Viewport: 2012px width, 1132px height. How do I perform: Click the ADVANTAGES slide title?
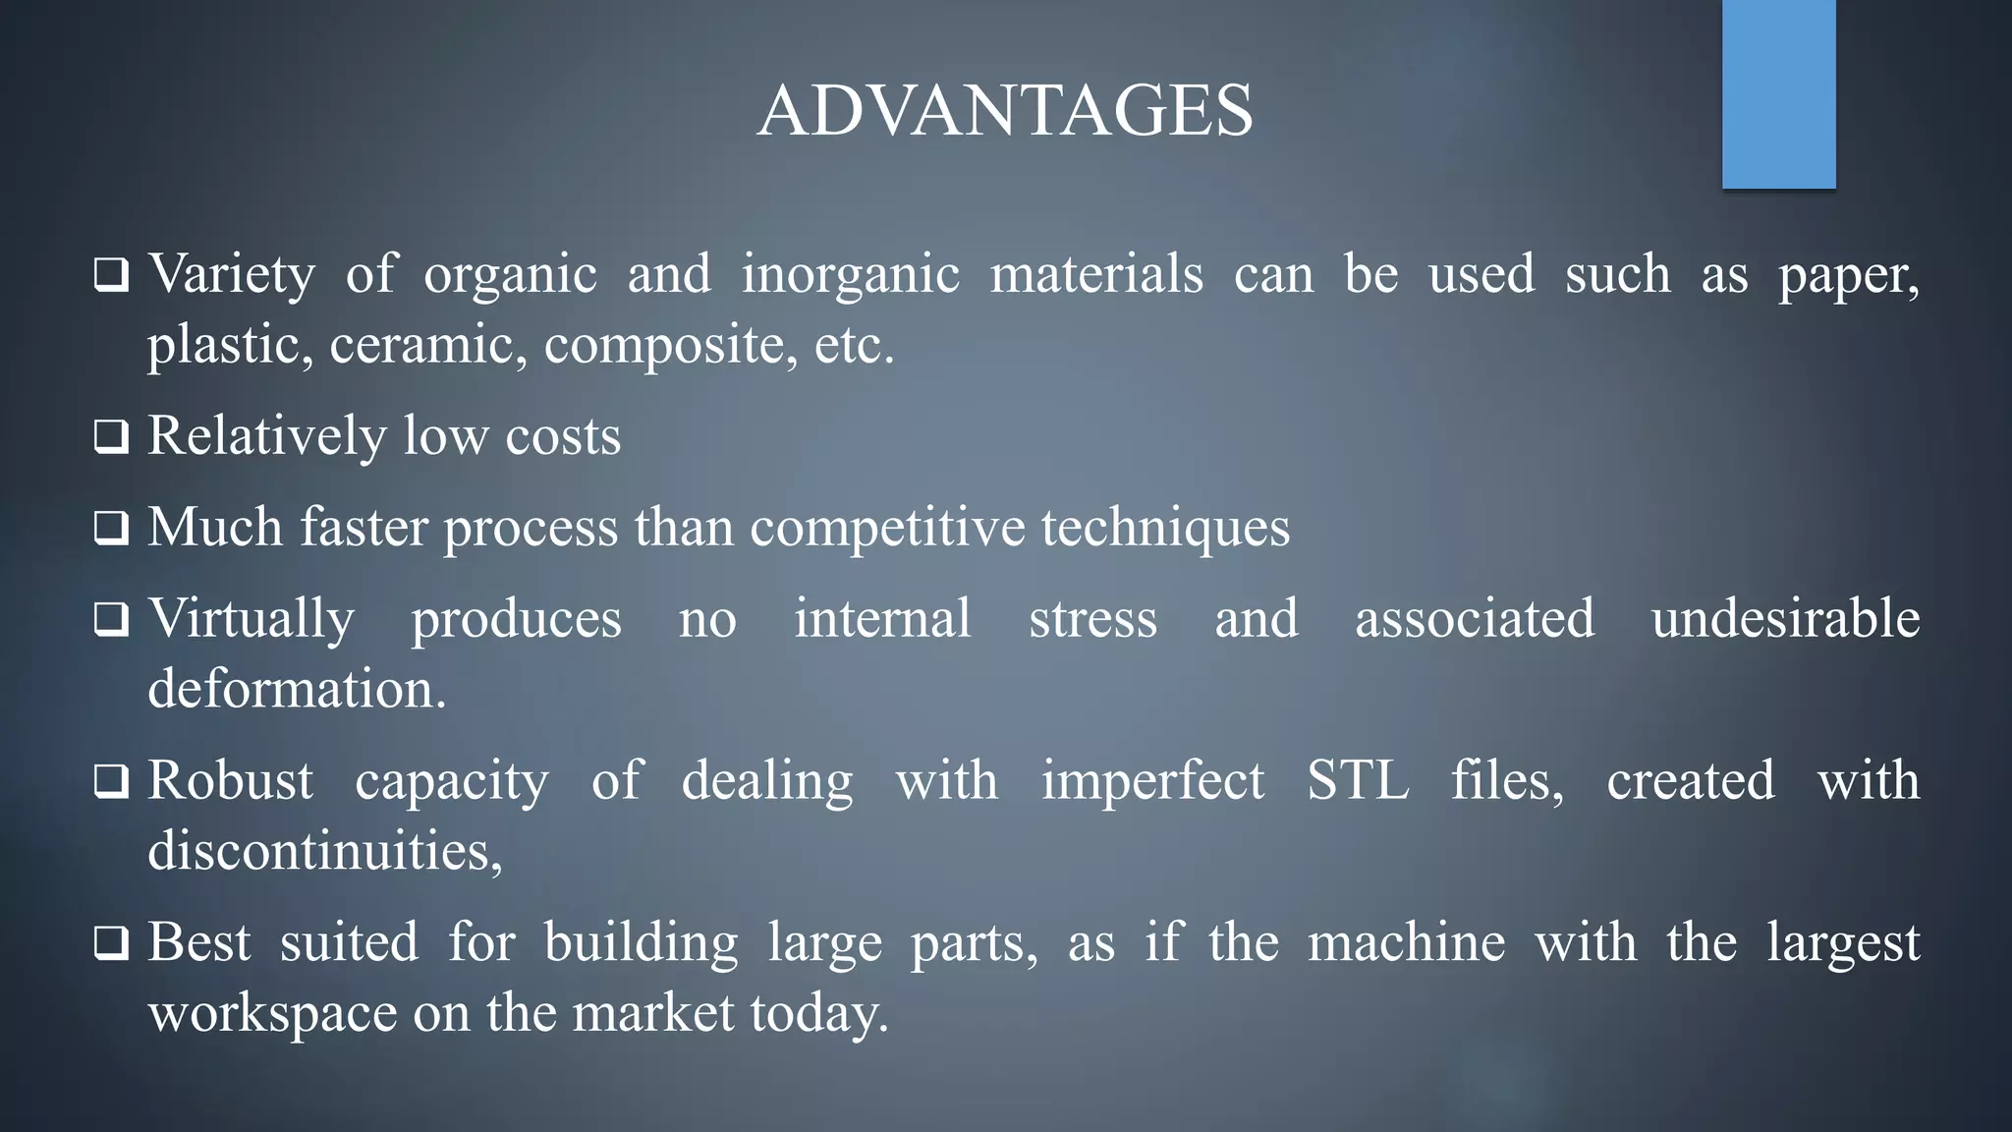coord(1005,110)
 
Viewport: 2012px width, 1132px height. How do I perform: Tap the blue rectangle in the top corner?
coord(1778,93)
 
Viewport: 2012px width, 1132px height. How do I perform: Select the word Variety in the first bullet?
coord(232,274)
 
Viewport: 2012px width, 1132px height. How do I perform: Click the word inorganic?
coord(850,274)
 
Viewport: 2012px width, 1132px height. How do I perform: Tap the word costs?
coord(563,436)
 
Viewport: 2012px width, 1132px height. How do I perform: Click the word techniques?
coord(1165,528)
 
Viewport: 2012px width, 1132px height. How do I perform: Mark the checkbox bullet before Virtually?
coord(111,620)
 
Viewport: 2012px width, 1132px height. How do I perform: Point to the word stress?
coord(1092,620)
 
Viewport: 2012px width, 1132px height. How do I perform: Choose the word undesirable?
coord(1785,620)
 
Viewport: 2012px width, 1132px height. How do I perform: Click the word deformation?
coord(297,689)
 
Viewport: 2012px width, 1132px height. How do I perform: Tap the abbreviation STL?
coord(1358,781)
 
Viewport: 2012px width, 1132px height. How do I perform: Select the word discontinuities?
coord(324,851)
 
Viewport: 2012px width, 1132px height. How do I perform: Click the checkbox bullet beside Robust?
coord(111,782)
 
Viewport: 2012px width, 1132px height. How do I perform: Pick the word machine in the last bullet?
coord(1406,943)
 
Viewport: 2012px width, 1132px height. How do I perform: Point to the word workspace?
coord(272,1013)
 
